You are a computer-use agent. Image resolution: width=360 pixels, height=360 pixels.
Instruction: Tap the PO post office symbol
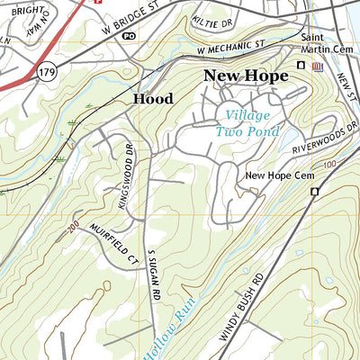(x=129, y=36)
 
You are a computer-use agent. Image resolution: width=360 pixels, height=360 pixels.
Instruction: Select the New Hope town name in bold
(x=246, y=76)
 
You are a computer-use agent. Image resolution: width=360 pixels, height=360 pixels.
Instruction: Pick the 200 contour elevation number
(x=73, y=230)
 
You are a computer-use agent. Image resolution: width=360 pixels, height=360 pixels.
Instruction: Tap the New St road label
(x=347, y=90)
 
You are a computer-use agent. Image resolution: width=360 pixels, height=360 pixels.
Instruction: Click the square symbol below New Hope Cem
(x=315, y=192)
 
